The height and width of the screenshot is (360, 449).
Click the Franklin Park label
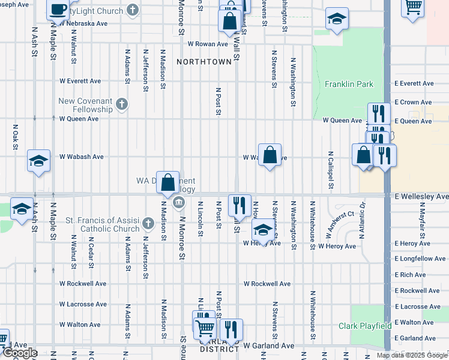coord(349,85)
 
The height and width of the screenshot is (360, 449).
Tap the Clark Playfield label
coord(365,326)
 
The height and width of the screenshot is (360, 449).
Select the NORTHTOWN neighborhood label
coord(204,62)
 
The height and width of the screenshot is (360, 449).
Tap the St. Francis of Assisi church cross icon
coord(149,225)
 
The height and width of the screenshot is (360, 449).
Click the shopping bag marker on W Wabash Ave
coord(270,155)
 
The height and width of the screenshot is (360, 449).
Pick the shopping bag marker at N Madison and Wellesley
coord(168,182)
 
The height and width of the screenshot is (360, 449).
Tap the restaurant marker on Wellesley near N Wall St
coord(240,205)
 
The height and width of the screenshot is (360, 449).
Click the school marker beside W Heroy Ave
coord(262,230)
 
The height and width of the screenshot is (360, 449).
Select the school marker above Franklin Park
coord(337,18)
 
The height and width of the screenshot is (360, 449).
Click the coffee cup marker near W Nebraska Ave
coord(59,10)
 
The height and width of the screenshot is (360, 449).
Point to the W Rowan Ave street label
coord(208,44)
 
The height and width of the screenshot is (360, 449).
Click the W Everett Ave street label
coord(80,81)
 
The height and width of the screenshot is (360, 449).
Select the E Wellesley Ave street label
coord(421,196)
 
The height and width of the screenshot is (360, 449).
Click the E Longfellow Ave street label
coord(420,259)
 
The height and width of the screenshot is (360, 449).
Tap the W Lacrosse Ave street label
coord(83,304)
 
